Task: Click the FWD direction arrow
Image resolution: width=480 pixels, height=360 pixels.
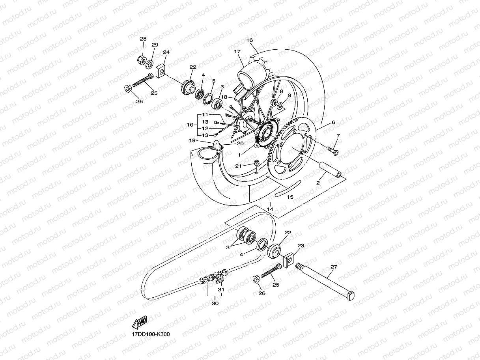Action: pyautogui.click(x=140, y=323)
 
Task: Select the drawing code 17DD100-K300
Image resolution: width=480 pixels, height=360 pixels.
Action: pyautogui.click(x=151, y=334)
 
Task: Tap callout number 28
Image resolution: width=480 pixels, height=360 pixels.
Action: pyautogui.click(x=143, y=39)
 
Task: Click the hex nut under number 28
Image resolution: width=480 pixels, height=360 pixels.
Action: pyautogui.click(x=141, y=60)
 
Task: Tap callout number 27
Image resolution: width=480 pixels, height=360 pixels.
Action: pyautogui.click(x=334, y=267)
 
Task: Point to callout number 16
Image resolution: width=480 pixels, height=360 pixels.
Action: pyautogui.click(x=249, y=40)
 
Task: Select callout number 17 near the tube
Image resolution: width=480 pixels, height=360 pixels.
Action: pyautogui.click(x=237, y=52)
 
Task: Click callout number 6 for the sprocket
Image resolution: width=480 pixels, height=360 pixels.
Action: pyautogui.click(x=333, y=123)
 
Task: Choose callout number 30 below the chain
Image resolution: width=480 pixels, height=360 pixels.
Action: pyautogui.click(x=215, y=304)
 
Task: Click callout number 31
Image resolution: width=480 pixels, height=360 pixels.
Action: pyautogui.click(x=221, y=290)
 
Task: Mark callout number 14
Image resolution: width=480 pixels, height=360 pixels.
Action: pyautogui.click(x=270, y=209)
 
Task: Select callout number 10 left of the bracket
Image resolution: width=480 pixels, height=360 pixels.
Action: pyautogui.click(x=190, y=125)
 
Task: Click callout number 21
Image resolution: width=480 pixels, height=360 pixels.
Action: pyautogui.click(x=238, y=166)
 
